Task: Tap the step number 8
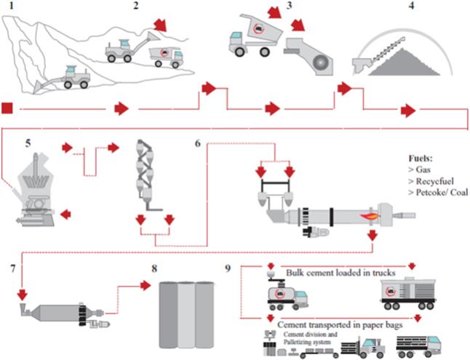[155, 266]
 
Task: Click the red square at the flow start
[8, 109]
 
